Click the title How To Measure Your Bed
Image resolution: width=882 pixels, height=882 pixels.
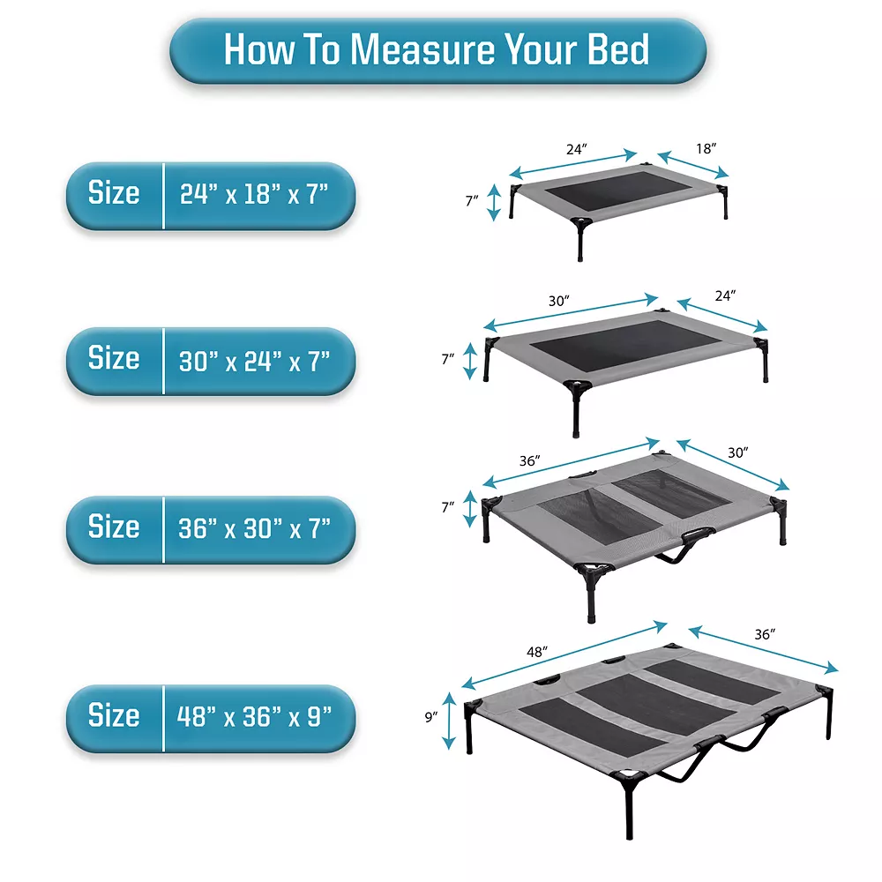click(437, 50)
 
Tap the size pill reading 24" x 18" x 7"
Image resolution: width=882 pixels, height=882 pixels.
click(211, 195)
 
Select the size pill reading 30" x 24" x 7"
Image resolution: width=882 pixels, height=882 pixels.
click(211, 361)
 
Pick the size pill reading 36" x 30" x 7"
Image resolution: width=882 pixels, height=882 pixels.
click(211, 529)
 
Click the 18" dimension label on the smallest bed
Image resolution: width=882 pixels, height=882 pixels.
click(706, 149)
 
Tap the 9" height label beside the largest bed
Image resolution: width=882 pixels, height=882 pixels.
click(431, 717)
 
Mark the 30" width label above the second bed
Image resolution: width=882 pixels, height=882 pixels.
click(559, 302)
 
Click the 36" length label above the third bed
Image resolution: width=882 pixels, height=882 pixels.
click(530, 461)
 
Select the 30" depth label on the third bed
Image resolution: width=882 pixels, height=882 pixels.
click(738, 452)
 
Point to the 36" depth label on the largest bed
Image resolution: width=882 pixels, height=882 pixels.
click(764, 634)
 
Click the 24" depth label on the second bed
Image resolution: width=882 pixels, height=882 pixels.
click(725, 296)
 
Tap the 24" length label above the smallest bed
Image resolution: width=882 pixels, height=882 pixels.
click(576, 150)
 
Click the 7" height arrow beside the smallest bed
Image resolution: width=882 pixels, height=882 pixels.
click(494, 202)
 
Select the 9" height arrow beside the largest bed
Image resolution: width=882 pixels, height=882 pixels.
click(451, 718)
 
